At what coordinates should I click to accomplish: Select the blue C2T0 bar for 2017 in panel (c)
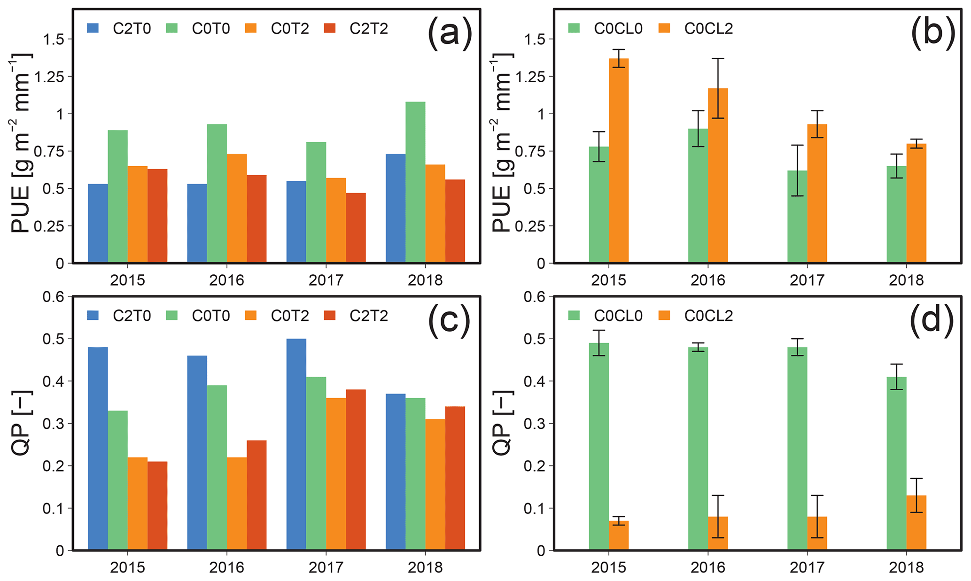coord(296,444)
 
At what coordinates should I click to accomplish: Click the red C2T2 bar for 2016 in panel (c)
coord(256,495)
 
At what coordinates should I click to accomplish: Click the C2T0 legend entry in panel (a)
coord(119,29)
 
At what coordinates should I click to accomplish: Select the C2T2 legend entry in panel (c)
coord(357,316)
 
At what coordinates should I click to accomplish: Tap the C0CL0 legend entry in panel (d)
coord(606,316)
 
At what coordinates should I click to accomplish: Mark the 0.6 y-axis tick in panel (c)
coord(54,297)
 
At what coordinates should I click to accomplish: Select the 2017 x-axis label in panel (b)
coord(807,280)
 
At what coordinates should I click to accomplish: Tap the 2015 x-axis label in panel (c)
coord(127,567)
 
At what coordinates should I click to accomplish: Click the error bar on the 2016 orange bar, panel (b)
coord(718,88)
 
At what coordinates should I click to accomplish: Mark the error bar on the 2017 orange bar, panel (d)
coord(817,516)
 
